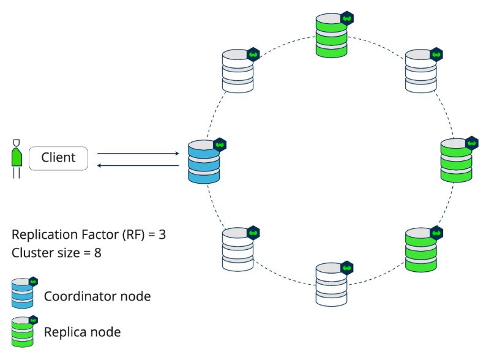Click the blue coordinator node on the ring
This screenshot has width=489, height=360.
[204, 162]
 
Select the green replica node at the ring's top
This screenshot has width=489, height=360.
[332, 36]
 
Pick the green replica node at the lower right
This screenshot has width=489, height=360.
[421, 250]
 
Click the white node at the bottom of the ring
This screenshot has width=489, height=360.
[332, 285]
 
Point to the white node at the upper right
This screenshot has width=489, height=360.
[421, 71]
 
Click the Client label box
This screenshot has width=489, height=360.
[58, 158]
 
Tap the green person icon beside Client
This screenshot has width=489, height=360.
[17, 159]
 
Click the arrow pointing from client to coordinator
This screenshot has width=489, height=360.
[138, 153]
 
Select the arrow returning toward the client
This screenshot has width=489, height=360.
[138, 165]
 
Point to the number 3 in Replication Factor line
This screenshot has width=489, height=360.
[162, 234]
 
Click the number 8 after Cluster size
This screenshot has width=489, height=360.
[97, 253]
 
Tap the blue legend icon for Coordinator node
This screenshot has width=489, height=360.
[23, 293]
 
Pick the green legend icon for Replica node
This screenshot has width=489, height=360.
[23, 332]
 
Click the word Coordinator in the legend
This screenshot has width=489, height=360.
[80, 296]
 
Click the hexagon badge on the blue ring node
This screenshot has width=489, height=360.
[220, 144]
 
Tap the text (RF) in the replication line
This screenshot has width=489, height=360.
[134, 234]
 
